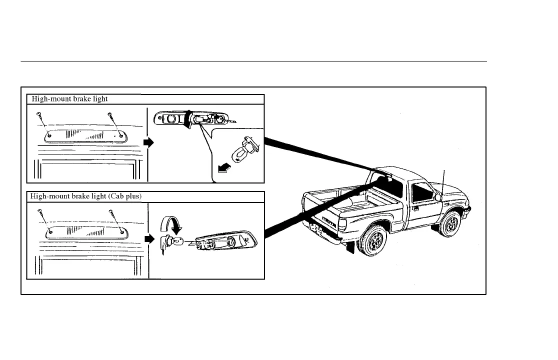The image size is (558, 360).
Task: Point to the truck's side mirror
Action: pyautogui.click(x=438, y=197)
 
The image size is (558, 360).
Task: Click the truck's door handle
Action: pyautogui.click(x=416, y=207)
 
